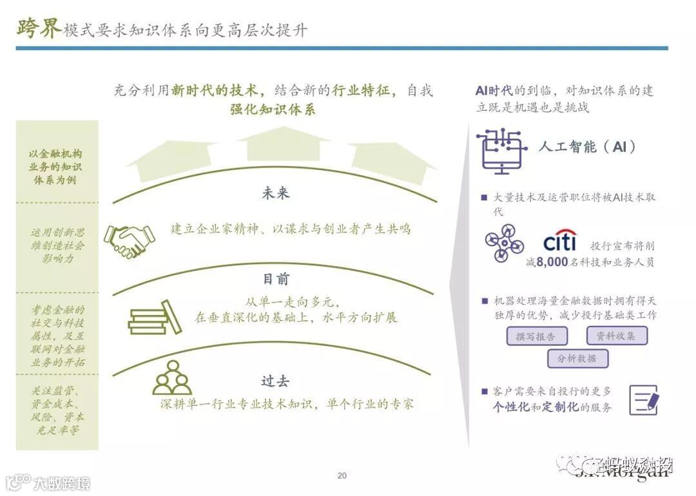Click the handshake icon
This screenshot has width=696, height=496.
pos(129,240)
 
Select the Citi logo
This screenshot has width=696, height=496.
pos(559,242)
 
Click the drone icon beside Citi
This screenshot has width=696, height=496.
pos(505,246)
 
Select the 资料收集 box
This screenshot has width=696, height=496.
pos(616,336)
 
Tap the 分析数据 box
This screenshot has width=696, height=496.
pos(577,358)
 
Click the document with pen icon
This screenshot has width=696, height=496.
pos(644,399)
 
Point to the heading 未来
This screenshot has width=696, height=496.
pos(276,193)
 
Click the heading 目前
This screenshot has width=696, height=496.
pos(276,279)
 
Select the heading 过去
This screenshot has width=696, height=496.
pos(275,381)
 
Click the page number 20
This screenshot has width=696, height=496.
pos(342,476)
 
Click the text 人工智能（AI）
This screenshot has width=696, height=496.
pos(587,147)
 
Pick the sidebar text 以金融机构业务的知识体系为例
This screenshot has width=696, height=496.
pos(57,167)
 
